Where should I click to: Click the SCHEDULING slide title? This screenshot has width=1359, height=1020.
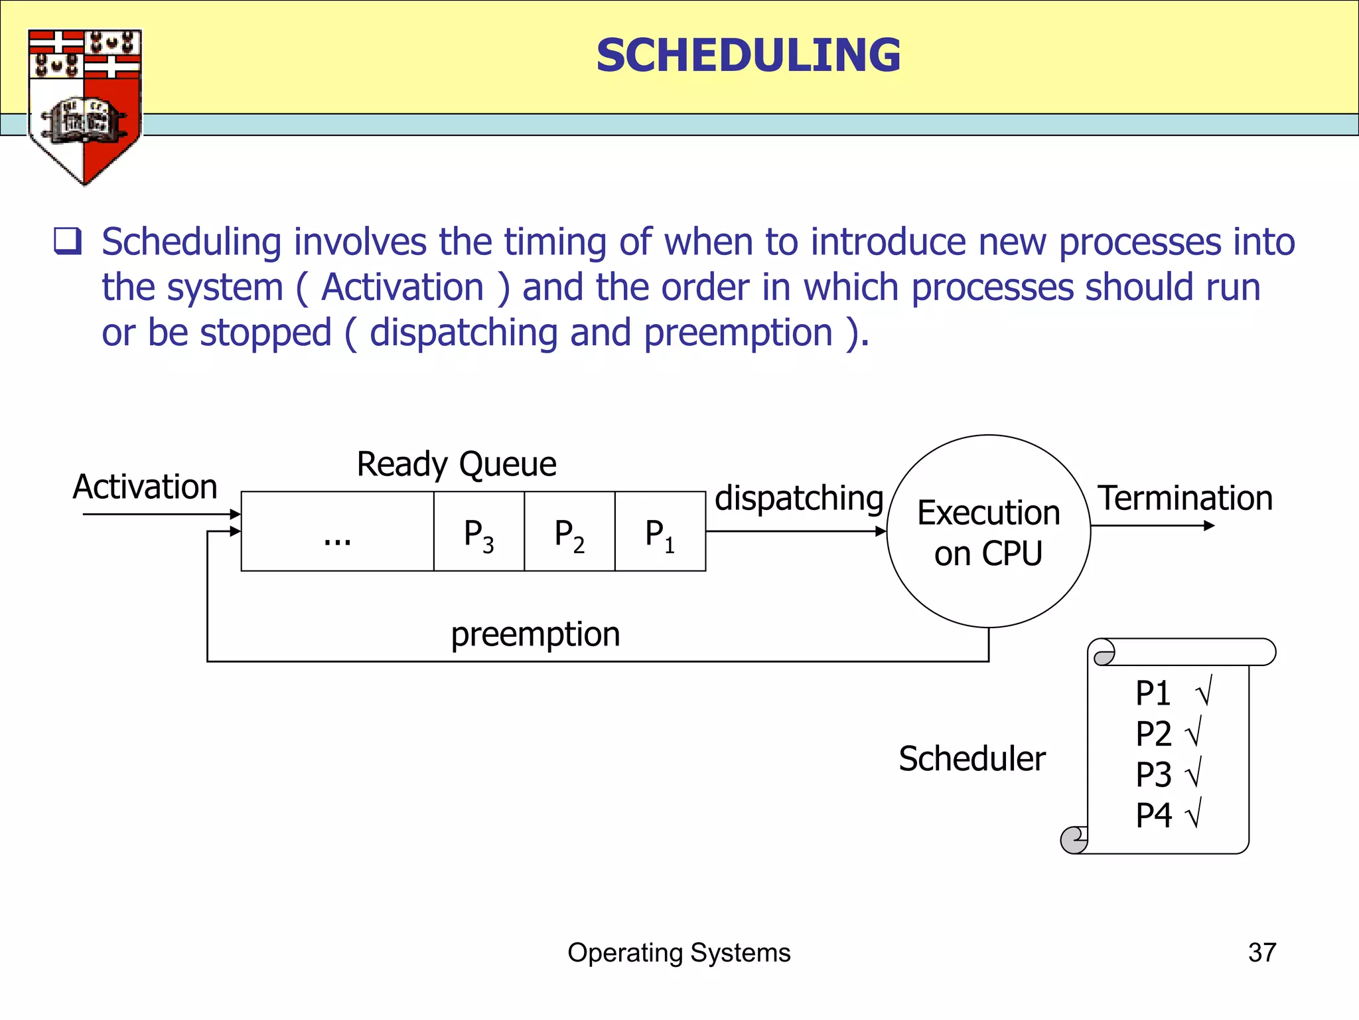coord(748,55)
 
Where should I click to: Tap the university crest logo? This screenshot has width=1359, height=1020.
coord(84,106)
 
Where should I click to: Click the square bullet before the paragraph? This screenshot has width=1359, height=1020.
coord(68,242)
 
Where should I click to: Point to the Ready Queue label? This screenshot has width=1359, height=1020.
coord(457,464)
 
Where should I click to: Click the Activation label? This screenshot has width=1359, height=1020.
coord(145,487)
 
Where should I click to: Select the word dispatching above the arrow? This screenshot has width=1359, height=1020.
coord(799,498)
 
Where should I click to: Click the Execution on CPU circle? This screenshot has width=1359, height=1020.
coord(988,532)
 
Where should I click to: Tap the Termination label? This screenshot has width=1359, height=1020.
coord(1185,498)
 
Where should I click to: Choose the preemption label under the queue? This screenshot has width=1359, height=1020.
coord(536,634)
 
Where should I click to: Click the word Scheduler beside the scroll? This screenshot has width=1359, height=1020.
coord(972,758)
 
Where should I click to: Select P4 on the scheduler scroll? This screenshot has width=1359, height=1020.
coord(1154,815)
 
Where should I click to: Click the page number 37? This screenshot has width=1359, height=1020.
coord(1261,953)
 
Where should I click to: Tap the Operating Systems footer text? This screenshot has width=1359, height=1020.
coord(679,953)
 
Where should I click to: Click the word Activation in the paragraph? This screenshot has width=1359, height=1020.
coord(403,288)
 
